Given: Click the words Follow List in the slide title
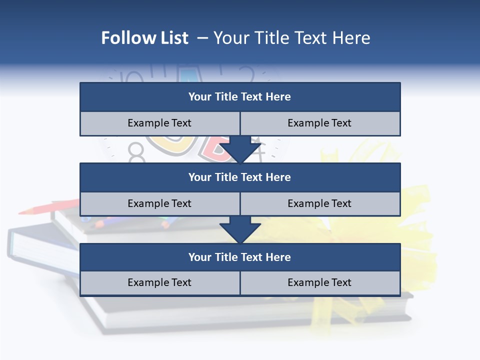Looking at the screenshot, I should coord(144,38).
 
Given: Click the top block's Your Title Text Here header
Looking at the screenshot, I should coord(239,97).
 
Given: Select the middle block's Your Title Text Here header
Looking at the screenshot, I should coord(239,177).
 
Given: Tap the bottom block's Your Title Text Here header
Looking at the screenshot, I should coord(239,257).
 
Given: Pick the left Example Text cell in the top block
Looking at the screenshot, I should coord(159,123).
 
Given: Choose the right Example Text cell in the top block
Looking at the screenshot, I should coord(319,123).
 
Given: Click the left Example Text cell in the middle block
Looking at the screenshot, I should coord(159,203).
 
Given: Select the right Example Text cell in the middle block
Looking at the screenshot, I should coord(319,203).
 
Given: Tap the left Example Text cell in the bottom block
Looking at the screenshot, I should coord(159,282).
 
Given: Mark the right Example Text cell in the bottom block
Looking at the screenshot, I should coord(319,282).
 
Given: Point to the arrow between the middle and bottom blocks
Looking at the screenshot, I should coord(240,229).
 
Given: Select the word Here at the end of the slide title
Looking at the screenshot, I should coord(352,38).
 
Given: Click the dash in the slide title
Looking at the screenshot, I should coord(203,38).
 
